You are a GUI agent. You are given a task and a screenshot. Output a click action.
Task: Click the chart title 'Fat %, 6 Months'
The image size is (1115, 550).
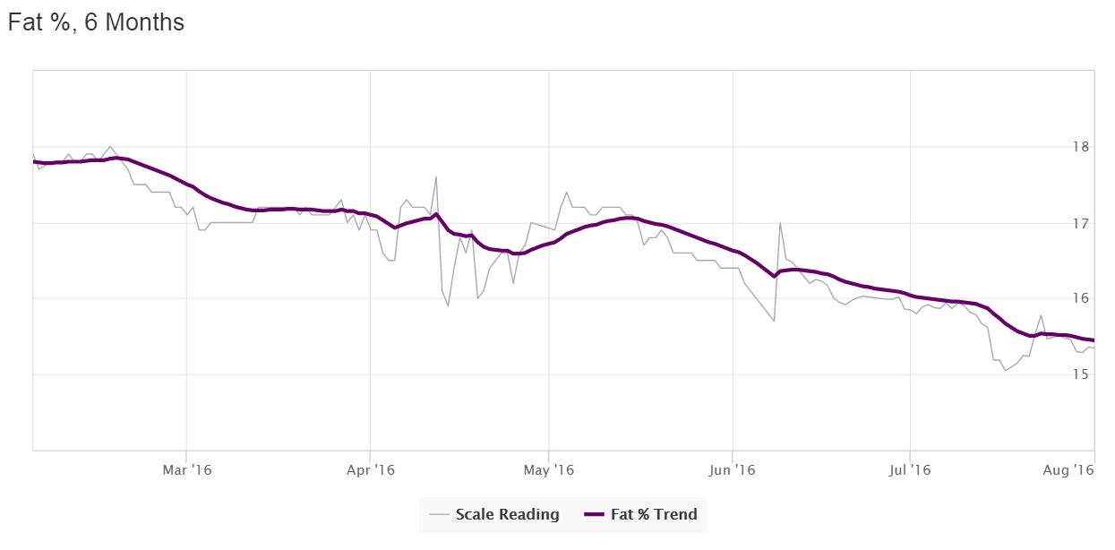click(x=96, y=22)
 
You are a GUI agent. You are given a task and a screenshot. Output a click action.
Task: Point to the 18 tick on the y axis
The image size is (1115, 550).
click(x=1080, y=147)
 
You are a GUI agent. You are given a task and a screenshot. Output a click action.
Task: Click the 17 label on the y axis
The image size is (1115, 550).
click(x=1080, y=223)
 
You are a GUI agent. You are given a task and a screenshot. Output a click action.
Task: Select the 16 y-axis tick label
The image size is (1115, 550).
click(x=1080, y=298)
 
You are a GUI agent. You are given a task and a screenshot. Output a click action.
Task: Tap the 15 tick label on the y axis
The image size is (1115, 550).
click(x=1080, y=374)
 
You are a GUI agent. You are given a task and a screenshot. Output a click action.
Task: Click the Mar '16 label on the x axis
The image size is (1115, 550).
click(x=186, y=469)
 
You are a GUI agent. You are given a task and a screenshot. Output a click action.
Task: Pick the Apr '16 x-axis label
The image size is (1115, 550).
click(x=370, y=469)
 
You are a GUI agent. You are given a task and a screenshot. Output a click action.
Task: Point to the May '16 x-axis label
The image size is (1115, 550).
click(x=548, y=469)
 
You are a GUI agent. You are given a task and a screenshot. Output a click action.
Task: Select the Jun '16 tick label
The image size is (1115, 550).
click(x=733, y=469)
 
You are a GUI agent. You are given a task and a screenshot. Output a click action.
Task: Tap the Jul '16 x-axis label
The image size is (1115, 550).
click(x=910, y=469)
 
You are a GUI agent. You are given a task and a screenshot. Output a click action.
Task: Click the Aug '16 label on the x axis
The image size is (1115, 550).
click(x=1073, y=469)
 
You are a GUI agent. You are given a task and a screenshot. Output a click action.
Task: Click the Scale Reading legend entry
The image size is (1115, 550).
click(x=507, y=514)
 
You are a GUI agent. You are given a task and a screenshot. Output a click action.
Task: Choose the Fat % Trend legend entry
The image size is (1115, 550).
click(x=654, y=514)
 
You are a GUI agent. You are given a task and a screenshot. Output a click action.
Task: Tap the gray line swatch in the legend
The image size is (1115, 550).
click(x=439, y=514)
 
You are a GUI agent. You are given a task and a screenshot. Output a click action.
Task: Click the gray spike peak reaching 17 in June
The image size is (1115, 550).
click(x=780, y=223)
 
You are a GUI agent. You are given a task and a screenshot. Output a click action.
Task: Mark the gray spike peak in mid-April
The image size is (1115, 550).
click(x=436, y=176)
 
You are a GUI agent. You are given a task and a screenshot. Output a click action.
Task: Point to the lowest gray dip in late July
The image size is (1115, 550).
click(x=1006, y=370)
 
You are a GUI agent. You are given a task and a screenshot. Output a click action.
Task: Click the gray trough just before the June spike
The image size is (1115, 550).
click(x=774, y=321)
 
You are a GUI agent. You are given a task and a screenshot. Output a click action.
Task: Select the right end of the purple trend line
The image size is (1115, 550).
click(x=1094, y=340)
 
